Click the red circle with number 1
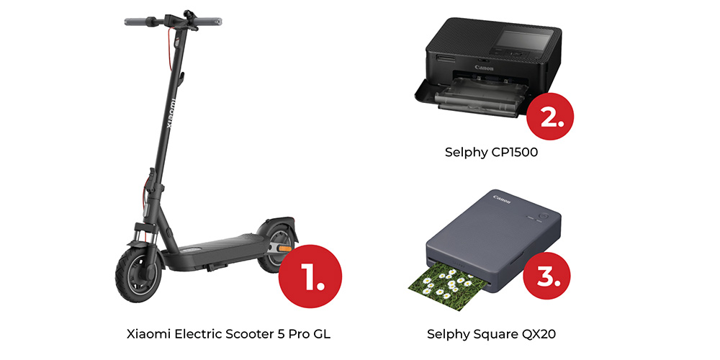coord(310,276)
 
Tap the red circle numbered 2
coord(550,116)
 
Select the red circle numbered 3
coord(547,276)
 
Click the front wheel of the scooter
coord(139,275)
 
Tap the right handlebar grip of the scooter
coord(210,22)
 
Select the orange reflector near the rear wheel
coord(285,248)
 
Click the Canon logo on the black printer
coord(485,68)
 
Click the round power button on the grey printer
coord(546,215)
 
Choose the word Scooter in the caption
coord(247,334)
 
